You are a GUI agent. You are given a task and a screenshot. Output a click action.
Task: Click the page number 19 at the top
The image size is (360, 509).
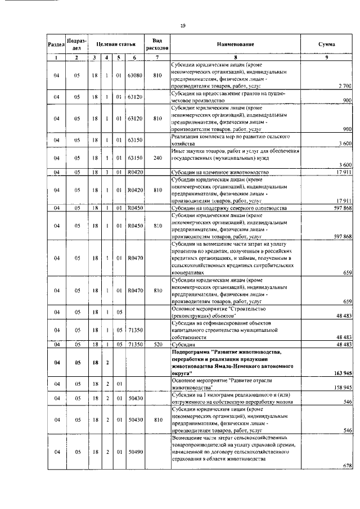tap(183, 25)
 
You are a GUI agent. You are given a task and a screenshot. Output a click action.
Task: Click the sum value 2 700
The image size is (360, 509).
tap(344, 85)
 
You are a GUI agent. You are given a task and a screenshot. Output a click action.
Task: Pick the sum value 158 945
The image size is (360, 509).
tap(342, 387)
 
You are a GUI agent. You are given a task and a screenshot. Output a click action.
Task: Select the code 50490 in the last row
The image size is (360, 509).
tap(135, 467)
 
